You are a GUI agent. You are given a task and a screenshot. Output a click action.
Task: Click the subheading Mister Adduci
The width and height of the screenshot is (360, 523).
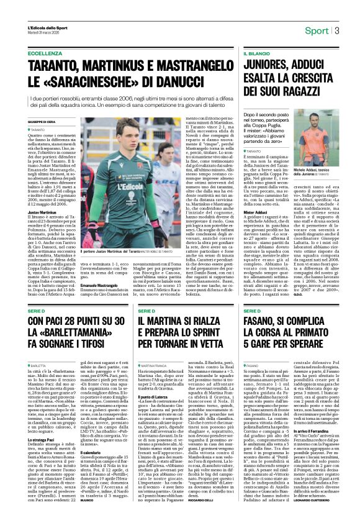pos(254,211)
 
